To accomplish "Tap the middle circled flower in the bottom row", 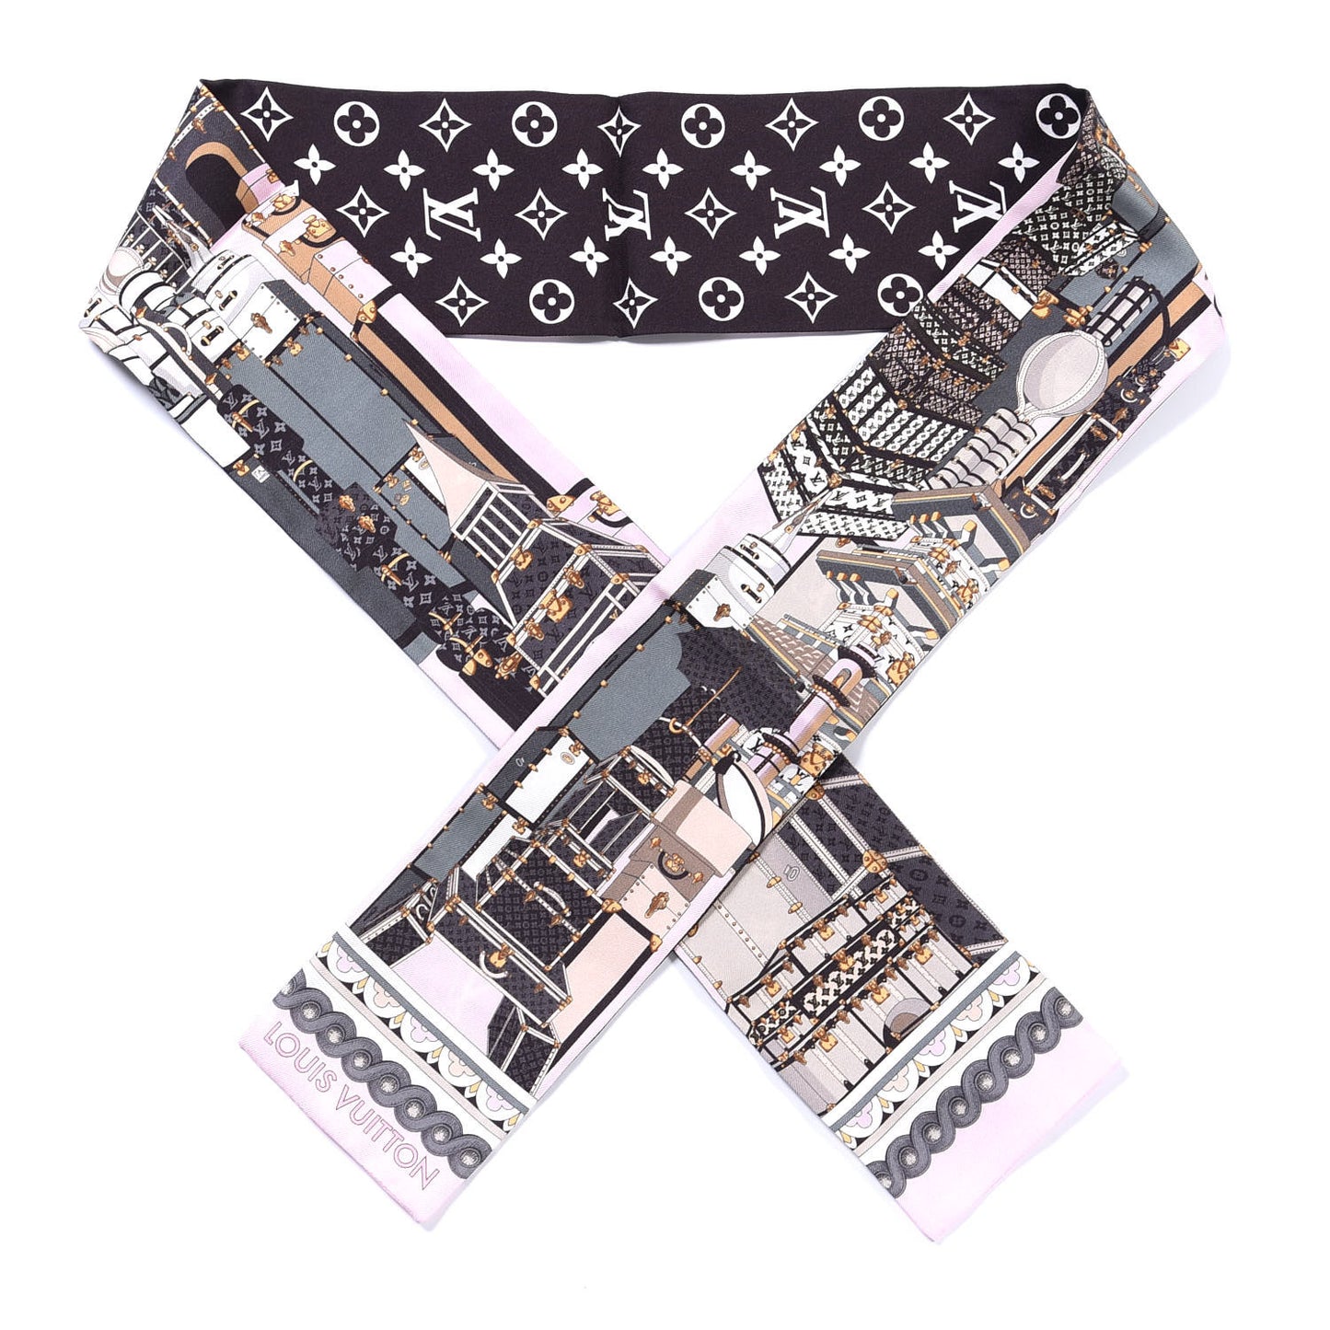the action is pyautogui.click(x=722, y=299).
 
